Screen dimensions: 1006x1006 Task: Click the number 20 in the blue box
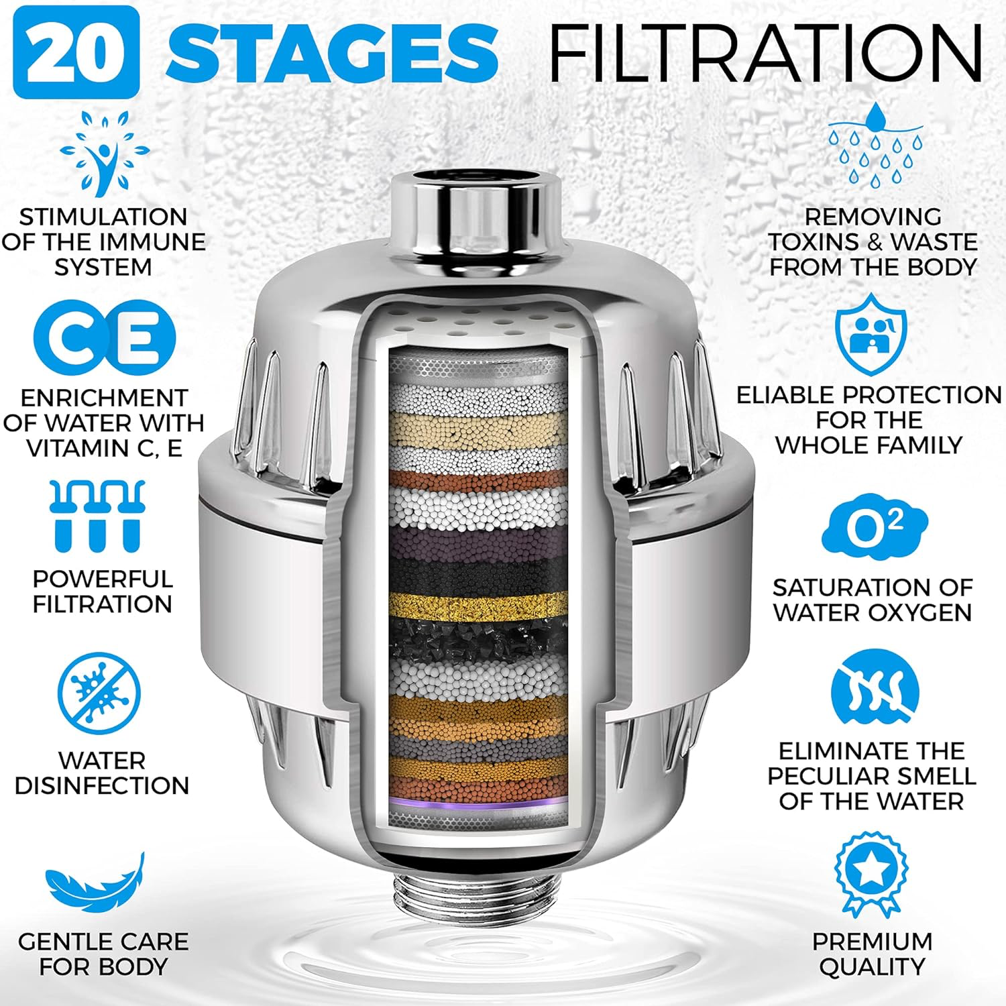coord(76,52)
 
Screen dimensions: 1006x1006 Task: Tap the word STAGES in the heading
coord(332,52)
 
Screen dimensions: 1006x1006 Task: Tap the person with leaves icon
coord(104,154)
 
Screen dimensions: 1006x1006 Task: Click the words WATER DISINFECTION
coord(102,773)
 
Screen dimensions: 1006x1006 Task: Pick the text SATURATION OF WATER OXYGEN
coord(872,600)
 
